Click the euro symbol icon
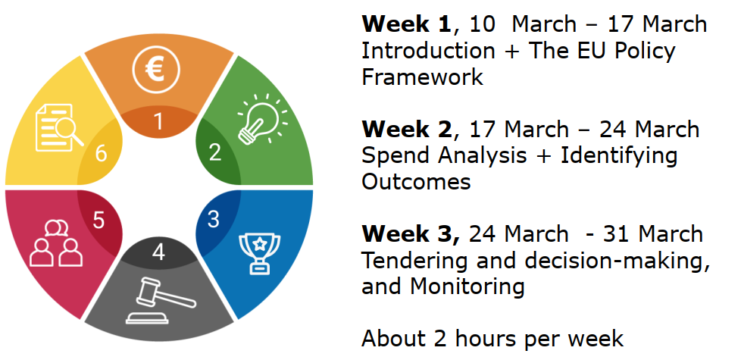156,69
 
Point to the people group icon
56,244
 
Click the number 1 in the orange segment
159,122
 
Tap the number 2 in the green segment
214,152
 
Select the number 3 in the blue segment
213,219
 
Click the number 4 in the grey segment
159,252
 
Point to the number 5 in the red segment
98,220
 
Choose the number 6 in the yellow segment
101,154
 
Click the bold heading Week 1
406,23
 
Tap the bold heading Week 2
407,129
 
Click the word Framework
423,77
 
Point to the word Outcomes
417,181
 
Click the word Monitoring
467,286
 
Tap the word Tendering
415,261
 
